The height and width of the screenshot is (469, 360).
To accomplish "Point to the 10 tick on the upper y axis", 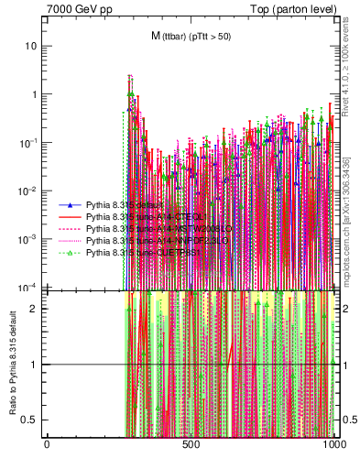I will click(x=32, y=46).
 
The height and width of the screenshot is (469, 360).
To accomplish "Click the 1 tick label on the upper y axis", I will click(x=35, y=94).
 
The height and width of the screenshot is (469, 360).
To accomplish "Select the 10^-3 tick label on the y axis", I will click(x=28, y=238).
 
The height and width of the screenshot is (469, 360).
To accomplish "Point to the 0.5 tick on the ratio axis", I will click(x=32, y=420).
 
